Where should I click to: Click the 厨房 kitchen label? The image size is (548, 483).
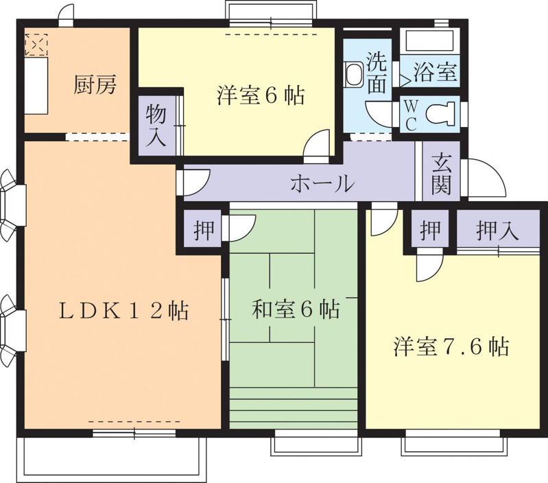[x=95, y=85]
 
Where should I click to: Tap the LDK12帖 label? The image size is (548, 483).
[x=123, y=311]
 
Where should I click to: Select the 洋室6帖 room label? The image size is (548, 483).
[x=261, y=95]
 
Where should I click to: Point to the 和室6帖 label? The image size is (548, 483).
[x=296, y=309]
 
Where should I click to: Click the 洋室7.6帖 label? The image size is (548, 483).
[x=451, y=346]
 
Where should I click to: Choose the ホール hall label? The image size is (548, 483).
[x=323, y=183]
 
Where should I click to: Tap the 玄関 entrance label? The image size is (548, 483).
[x=441, y=174]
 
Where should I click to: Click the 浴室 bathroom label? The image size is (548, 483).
[x=436, y=72]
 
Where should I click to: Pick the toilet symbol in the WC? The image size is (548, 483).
[x=440, y=114]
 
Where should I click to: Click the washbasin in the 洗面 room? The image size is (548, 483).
[x=354, y=73]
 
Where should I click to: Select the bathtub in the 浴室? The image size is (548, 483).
[x=429, y=40]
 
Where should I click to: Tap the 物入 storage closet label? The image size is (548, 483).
[x=156, y=126]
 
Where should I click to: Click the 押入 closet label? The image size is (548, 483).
[x=498, y=231]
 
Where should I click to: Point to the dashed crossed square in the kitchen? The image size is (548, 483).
[x=36, y=45]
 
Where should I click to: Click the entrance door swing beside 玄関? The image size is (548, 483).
[x=487, y=178]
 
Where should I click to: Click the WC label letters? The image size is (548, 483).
[x=411, y=115]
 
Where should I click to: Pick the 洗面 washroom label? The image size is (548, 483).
[x=376, y=73]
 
